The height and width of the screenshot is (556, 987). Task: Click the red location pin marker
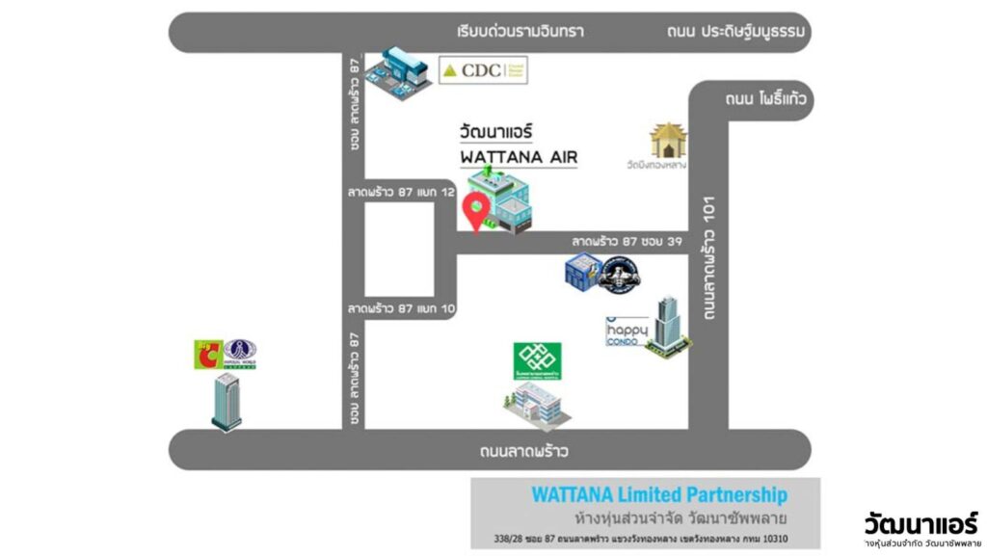point(475,209)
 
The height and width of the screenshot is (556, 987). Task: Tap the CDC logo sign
point(483,69)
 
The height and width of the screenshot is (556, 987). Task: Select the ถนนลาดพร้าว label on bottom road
point(524,450)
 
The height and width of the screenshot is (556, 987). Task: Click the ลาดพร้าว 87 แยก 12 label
point(401,193)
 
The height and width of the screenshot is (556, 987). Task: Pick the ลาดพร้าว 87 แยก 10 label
point(401,308)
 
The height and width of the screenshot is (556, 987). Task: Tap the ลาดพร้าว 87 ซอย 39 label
point(627,241)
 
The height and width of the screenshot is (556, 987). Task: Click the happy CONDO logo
point(625,332)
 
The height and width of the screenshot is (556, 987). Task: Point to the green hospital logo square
point(538,361)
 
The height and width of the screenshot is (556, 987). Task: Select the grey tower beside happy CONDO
point(669,324)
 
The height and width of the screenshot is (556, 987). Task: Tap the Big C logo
point(208,354)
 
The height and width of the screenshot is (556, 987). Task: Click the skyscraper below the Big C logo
point(227,401)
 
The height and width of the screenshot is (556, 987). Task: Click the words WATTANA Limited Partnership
point(659,495)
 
